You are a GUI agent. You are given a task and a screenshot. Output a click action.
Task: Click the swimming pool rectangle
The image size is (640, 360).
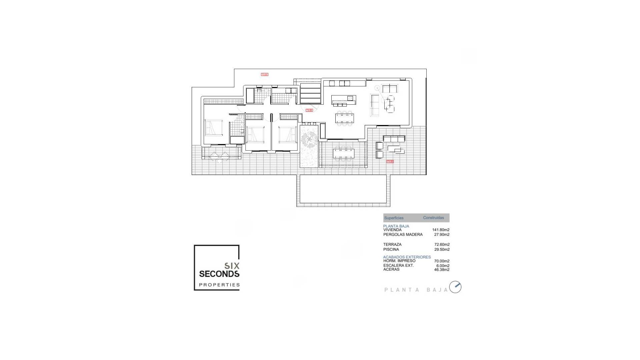[343, 189]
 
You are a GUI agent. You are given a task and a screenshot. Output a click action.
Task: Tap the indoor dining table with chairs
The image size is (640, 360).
[345, 117]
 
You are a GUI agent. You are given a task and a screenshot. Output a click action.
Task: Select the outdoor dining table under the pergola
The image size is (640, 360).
[344, 153]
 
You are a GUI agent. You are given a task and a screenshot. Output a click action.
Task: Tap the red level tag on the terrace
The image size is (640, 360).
[390, 161]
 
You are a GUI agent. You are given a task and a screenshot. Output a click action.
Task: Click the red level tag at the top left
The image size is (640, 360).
[264, 75]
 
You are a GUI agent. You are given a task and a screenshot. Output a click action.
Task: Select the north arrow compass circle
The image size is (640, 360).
[455, 287]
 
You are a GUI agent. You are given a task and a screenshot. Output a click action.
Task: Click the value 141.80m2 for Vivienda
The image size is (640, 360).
[441, 230]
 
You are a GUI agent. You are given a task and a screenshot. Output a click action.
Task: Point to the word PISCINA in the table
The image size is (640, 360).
[391, 249]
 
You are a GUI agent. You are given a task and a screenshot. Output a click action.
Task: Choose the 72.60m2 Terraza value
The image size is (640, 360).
[442, 244]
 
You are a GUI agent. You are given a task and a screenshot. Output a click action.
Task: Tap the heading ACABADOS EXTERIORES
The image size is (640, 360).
[407, 257]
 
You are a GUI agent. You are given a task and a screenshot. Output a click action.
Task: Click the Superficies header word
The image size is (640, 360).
[394, 218]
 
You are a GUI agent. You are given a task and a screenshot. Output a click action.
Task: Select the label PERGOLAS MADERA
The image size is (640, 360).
[403, 234]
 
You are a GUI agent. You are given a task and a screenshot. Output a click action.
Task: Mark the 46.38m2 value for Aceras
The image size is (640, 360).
[442, 270]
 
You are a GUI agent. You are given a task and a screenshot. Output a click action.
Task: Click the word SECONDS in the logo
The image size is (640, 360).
[219, 274]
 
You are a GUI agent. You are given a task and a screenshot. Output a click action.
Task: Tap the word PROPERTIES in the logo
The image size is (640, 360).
[219, 285]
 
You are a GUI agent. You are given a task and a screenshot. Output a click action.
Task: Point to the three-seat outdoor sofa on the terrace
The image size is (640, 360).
[394, 138]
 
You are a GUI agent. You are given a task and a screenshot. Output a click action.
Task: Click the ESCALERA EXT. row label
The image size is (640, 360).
[398, 265]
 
